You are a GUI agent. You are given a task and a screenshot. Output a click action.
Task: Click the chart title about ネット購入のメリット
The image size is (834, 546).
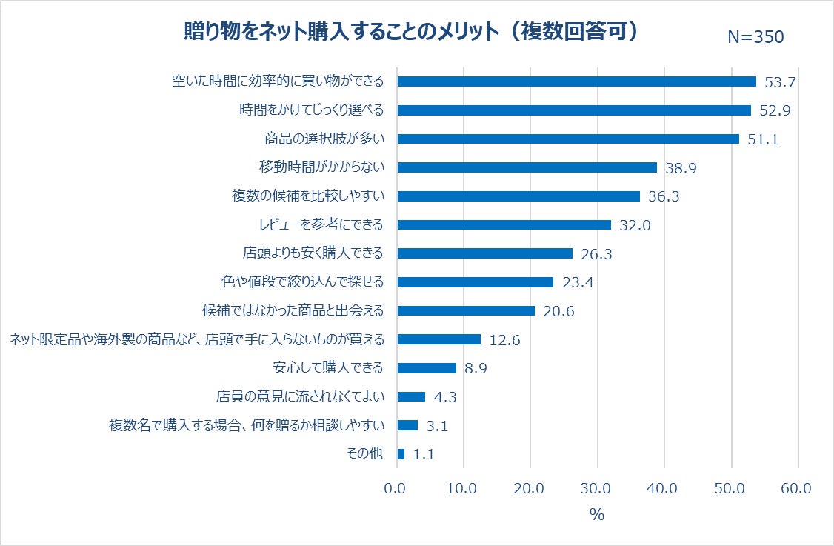click(411, 33)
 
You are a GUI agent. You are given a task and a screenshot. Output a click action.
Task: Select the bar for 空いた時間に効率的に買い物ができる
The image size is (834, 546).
click(576, 81)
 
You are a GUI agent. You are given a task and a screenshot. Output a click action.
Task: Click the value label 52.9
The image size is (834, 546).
click(775, 111)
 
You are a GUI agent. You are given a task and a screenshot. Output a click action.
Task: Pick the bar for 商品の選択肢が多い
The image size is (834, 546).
click(568, 139)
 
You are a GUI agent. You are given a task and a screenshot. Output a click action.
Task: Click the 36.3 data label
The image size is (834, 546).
click(664, 197)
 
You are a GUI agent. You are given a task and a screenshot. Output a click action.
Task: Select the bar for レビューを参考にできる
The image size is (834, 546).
click(504, 224)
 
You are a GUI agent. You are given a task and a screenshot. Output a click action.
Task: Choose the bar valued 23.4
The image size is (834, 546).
click(475, 282)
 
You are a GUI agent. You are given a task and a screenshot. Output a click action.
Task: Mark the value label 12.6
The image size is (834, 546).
click(505, 340)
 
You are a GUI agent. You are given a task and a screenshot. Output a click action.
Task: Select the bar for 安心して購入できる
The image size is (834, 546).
click(427, 368)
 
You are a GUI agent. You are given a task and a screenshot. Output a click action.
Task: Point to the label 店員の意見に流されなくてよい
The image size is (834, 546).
click(300, 396)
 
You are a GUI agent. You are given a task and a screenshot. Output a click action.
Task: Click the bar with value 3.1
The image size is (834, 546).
click(407, 425)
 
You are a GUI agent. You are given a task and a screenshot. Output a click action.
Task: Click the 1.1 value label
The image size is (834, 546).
click(423, 455)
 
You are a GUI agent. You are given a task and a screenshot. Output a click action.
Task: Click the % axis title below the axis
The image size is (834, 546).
click(597, 515)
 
